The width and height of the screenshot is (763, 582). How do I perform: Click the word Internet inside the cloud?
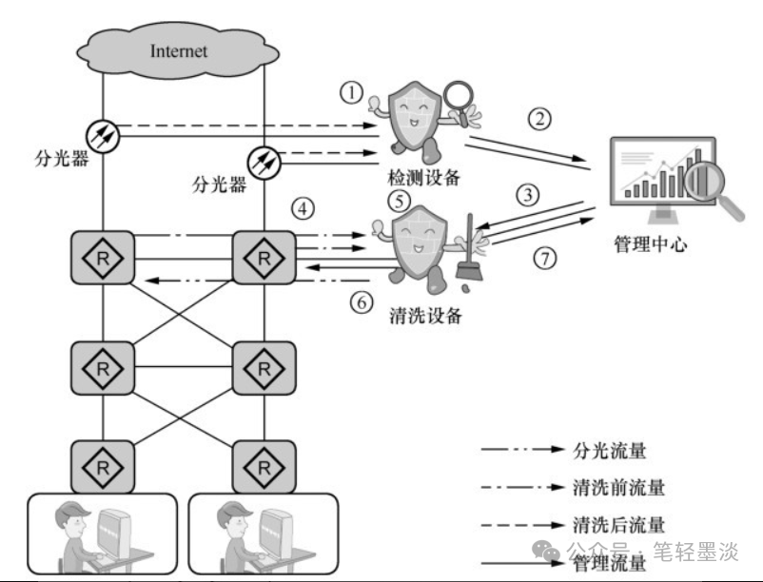pos(179,51)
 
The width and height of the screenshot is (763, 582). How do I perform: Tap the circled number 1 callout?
pos(351,92)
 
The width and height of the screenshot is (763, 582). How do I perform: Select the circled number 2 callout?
pos(539,119)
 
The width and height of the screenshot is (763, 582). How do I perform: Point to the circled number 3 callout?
pos(528,195)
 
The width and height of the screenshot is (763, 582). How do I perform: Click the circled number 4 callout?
pos(303,209)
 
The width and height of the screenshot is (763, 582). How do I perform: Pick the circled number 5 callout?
pos(400,201)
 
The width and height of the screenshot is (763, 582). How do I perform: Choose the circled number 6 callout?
pos(362,302)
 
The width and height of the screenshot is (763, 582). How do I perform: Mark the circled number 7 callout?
pos(545,258)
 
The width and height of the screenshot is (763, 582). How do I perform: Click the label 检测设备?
pos(423,178)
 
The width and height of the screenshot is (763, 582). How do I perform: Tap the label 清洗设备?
pos(426,316)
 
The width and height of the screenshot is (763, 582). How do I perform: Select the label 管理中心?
pos(651,244)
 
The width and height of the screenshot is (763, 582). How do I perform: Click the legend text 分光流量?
pos(609,451)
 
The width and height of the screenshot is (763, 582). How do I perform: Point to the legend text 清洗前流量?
pos(618,488)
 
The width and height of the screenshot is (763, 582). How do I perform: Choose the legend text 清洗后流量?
pos(618,525)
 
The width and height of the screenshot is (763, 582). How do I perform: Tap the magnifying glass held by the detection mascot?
pos(460,102)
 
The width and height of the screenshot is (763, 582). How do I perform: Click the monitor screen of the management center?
pos(663,171)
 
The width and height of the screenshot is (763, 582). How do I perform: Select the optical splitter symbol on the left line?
pos(103,136)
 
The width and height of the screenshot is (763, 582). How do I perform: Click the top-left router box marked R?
pos(103,258)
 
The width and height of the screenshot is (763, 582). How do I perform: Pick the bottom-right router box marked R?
pos(264,467)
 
